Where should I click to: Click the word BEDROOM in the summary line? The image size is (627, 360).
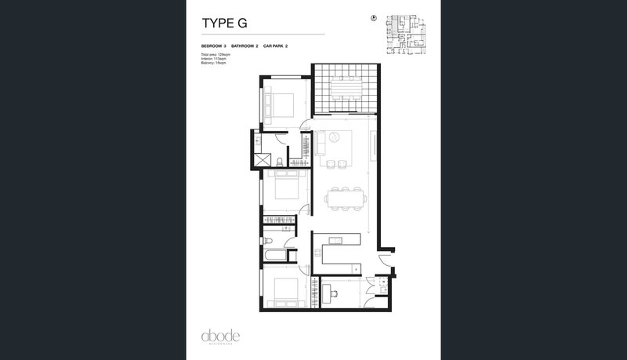point(212,47)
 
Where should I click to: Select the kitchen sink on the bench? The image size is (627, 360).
point(334,239)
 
